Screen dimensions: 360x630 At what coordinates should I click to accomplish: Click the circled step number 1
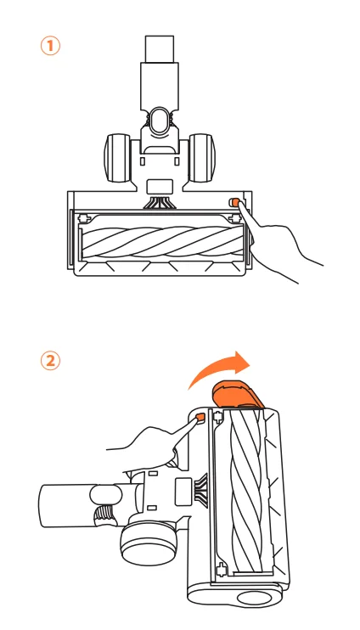(50, 46)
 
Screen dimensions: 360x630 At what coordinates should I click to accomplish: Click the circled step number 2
(50, 361)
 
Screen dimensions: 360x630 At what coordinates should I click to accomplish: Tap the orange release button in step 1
(233, 202)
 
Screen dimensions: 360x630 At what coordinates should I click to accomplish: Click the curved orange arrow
(219, 368)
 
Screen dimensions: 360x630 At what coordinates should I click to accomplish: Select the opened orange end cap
(238, 395)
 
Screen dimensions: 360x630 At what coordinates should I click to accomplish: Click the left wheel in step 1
(117, 158)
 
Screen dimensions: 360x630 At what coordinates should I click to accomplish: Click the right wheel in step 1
(202, 158)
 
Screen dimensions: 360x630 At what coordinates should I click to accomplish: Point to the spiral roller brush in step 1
(162, 241)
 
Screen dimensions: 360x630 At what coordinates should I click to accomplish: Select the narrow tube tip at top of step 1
(159, 48)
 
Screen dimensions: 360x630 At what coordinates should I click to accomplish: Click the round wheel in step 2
(148, 544)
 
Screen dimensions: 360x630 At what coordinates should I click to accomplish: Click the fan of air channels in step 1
(159, 202)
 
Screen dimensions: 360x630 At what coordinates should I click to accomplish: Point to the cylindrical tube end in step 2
(66, 505)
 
